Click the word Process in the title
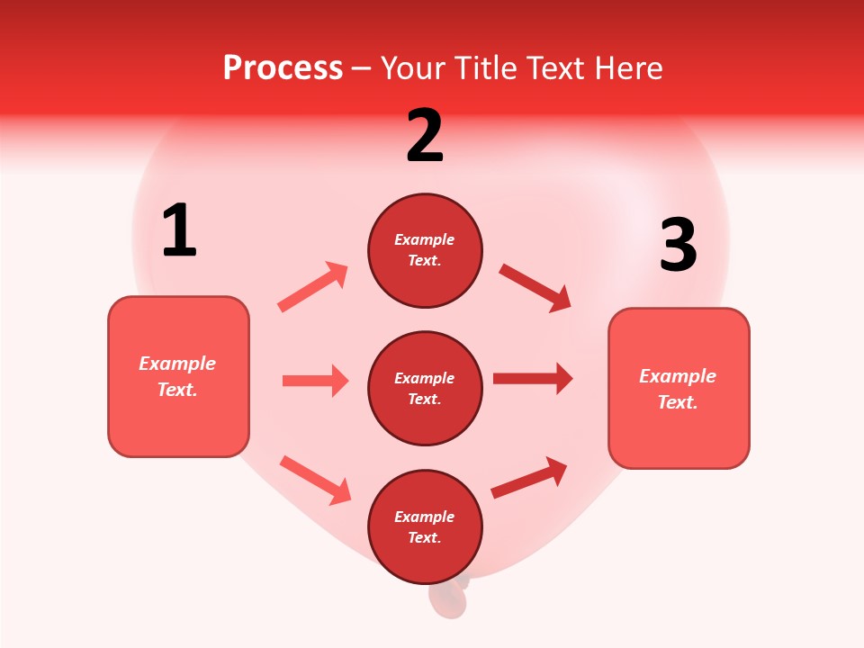tap(283, 67)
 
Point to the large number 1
tap(179, 230)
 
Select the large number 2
tap(425, 136)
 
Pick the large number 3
tap(678, 246)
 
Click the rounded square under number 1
tap(178, 376)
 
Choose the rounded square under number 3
tap(679, 388)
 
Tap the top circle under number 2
tap(425, 250)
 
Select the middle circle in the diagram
tap(425, 388)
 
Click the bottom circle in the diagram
tap(425, 526)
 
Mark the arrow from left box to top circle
tap(313, 287)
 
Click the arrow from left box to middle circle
tap(315, 381)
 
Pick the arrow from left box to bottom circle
tap(315, 480)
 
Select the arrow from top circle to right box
tap(535, 287)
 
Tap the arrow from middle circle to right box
tap(533, 378)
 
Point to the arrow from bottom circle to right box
tap(529, 478)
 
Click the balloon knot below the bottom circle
tap(448, 598)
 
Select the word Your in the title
tap(412, 67)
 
